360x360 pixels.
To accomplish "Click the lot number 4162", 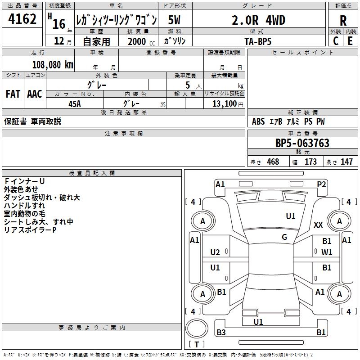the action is [x=22, y=19].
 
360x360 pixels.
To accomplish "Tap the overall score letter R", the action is [x=343, y=20].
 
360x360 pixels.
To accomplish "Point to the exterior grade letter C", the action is [x=336, y=40].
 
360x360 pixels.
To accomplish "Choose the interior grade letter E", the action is [x=350, y=40].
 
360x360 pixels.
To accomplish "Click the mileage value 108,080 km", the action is [x=53, y=64].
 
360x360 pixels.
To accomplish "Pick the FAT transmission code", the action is [x=13, y=94].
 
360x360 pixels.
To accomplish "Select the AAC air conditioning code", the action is [x=34, y=94].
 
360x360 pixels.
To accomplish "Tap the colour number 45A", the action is [x=75, y=103].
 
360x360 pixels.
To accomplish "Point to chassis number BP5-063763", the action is [x=302, y=144].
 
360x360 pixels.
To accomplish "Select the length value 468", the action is [x=273, y=162].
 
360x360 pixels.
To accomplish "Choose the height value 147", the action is [x=346, y=162].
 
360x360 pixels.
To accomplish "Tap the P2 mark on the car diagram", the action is [x=321, y=184].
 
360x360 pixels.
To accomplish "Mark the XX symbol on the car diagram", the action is [x=318, y=225].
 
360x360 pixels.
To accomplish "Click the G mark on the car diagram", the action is [x=284, y=237].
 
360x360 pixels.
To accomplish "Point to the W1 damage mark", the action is [x=327, y=252].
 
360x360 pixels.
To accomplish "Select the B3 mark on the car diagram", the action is [x=221, y=333].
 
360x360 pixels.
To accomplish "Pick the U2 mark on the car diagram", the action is [x=215, y=252].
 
